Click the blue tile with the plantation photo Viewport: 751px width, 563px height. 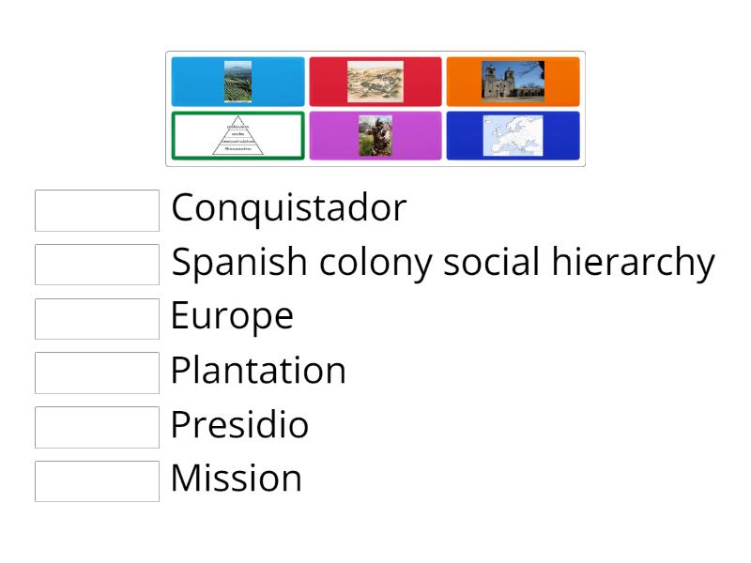238,82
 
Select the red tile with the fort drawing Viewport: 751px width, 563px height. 375,82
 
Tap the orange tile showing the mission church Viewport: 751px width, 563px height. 513,82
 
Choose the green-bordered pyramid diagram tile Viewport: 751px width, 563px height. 238,136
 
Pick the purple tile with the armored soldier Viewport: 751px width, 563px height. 375,136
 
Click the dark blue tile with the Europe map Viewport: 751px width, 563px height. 513,136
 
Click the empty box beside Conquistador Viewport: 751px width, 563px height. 97,210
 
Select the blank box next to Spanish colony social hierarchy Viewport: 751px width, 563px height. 97,265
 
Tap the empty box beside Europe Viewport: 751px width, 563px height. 97,318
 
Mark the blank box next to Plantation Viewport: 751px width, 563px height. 97,373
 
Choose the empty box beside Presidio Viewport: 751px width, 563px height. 97,427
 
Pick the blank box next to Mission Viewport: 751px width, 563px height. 97,480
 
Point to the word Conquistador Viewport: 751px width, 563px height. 288,208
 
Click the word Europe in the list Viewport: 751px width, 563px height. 232,317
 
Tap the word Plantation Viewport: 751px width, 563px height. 258,372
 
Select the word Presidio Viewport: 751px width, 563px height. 239,425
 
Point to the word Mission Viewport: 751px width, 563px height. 236,479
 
